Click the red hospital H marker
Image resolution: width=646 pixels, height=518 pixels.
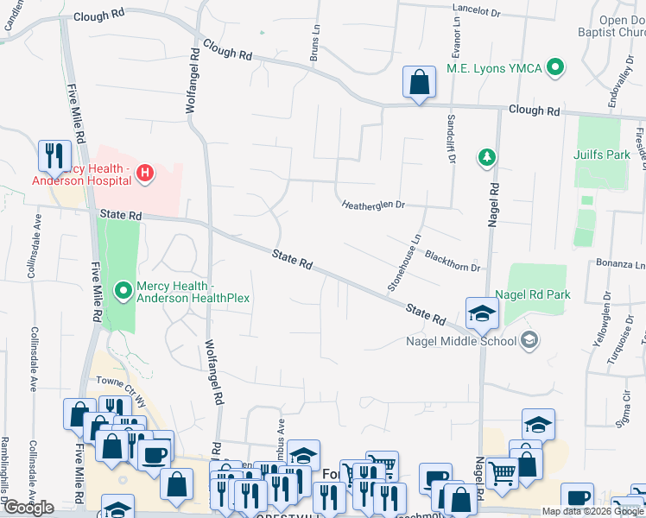145,173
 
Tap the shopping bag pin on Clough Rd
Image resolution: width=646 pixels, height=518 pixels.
419,83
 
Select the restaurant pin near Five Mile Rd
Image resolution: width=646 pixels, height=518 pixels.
54,155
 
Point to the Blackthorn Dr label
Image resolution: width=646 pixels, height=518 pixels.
452,261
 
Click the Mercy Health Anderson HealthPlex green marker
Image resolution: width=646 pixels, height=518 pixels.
123,292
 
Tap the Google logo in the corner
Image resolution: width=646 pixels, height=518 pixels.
28,508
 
